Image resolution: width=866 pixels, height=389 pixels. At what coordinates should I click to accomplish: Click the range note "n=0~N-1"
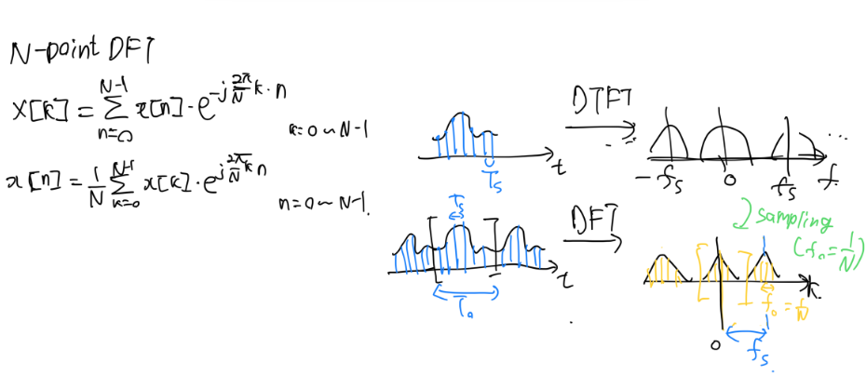(324, 200)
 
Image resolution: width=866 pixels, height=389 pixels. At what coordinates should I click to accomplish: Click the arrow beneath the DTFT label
(597, 129)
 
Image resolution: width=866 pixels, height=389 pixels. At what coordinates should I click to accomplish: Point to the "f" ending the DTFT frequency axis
(823, 176)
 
